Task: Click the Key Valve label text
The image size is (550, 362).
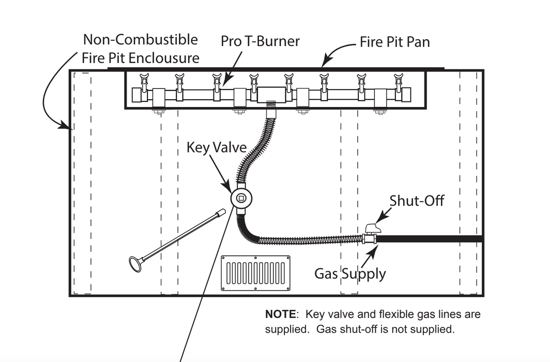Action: coord(217,148)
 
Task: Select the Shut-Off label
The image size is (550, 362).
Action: coord(417,200)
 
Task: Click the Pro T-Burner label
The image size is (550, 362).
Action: coord(260,41)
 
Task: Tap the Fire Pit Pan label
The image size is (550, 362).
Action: coord(395,42)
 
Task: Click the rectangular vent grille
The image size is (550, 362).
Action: coord(255,273)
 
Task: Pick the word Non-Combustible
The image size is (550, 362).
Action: coord(140,39)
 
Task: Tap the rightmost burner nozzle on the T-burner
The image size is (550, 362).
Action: coord(398,80)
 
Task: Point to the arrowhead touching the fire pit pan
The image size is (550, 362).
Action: coord(324,65)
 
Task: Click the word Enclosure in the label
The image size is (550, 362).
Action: coord(164,57)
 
